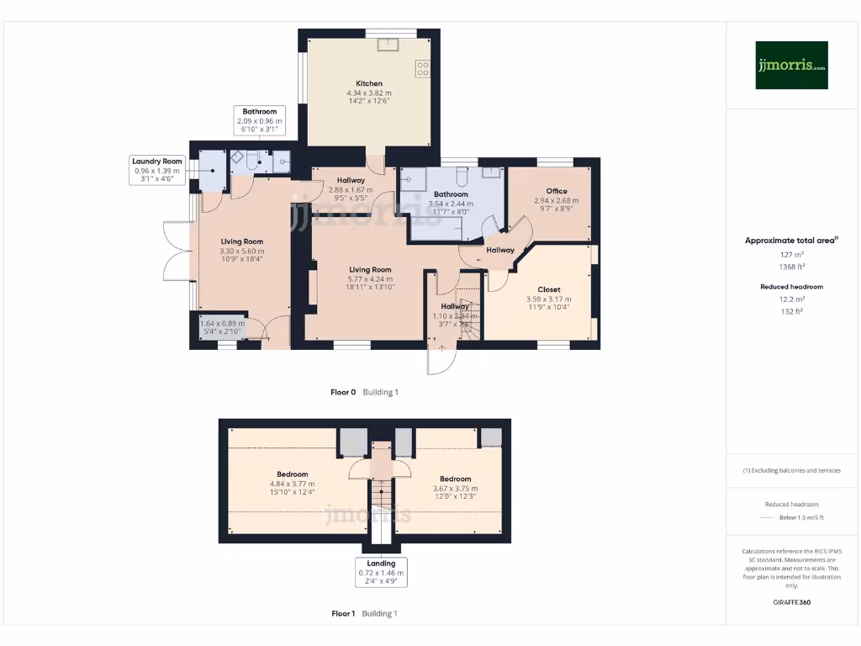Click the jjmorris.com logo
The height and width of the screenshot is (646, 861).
(x=791, y=65)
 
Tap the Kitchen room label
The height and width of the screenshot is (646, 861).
(x=369, y=83)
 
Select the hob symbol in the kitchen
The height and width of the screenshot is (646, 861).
(x=423, y=68)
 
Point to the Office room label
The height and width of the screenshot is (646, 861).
(x=557, y=191)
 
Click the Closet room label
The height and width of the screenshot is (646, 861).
(x=548, y=289)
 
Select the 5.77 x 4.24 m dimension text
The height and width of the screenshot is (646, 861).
(x=371, y=279)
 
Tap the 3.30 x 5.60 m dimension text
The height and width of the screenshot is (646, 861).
(x=242, y=251)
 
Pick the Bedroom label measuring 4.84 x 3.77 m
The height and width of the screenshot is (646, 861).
(x=292, y=474)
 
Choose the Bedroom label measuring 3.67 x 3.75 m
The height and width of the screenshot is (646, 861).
(x=455, y=479)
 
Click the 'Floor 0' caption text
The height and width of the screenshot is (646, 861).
(x=343, y=392)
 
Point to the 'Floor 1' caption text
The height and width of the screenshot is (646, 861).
(x=343, y=613)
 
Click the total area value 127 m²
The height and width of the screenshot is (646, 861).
(x=791, y=253)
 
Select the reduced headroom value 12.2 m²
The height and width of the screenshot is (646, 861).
(x=791, y=299)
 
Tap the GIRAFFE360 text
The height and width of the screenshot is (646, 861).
(x=791, y=602)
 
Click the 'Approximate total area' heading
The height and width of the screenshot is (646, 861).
(x=790, y=241)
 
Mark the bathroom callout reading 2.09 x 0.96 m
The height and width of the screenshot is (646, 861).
(x=260, y=121)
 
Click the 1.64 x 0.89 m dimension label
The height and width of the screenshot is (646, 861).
(x=223, y=323)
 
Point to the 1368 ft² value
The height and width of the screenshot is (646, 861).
(x=791, y=266)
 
